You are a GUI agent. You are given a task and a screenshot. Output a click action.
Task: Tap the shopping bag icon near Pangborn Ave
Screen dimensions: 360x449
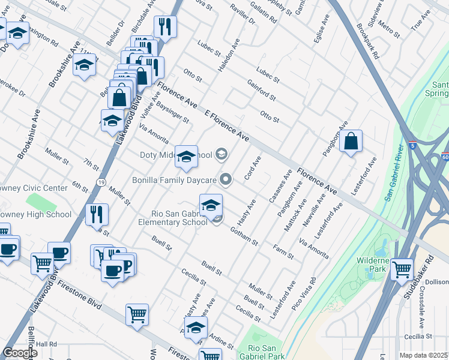[351, 142]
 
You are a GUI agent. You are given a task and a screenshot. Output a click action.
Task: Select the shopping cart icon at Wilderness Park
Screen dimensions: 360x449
[402, 269]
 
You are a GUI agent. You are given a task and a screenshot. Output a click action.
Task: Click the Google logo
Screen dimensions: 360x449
[20, 353]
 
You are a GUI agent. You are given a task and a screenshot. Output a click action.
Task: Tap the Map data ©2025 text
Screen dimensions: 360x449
[423, 355]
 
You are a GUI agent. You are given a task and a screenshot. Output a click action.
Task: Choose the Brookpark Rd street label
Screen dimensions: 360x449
[367, 41]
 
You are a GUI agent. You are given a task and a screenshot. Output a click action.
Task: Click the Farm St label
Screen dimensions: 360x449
[283, 252]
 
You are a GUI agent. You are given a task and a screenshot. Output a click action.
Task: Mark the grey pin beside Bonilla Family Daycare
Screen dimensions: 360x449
[226, 179]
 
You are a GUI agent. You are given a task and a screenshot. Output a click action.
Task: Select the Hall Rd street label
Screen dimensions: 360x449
[46, 344]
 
